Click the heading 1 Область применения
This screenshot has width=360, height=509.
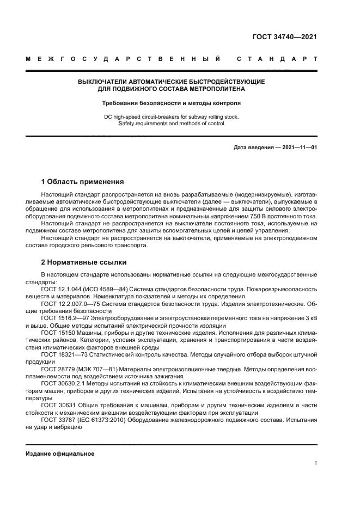coord(82,182)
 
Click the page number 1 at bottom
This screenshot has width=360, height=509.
coord(315,463)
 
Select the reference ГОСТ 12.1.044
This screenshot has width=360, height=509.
coord(61,290)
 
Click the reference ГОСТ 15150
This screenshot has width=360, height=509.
coord(56,332)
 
